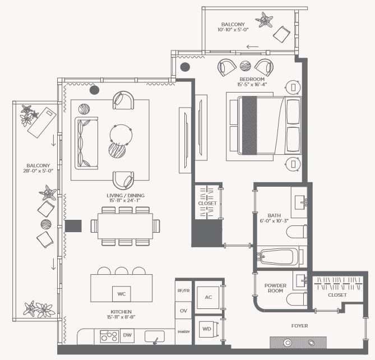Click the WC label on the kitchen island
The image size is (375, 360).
click(122, 294)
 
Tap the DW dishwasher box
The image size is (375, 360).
click(127, 335)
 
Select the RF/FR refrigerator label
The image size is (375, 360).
click(183, 290)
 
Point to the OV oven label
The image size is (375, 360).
click(183, 311)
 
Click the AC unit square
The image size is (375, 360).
click(208, 298)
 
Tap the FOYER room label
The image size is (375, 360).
click(299, 326)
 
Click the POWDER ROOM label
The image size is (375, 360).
click(275, 288)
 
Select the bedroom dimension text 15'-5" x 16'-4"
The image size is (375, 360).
click(252, 84)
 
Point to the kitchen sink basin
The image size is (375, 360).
click(155, 336)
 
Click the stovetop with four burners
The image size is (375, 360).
click(109, 336)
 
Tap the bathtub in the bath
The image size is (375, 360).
click(279, 257)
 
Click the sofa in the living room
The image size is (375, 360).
click(86, 144)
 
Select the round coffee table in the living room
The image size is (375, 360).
click(121, 135)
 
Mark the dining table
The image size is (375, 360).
click(125, 226)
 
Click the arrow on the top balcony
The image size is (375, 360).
click(253, 47)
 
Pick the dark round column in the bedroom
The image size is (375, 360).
click(185, 67)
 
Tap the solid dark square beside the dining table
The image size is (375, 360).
click(73, 226)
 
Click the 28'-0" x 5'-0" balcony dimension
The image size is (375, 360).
click(38, 171)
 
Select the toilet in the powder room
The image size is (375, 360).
click(297, 299)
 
